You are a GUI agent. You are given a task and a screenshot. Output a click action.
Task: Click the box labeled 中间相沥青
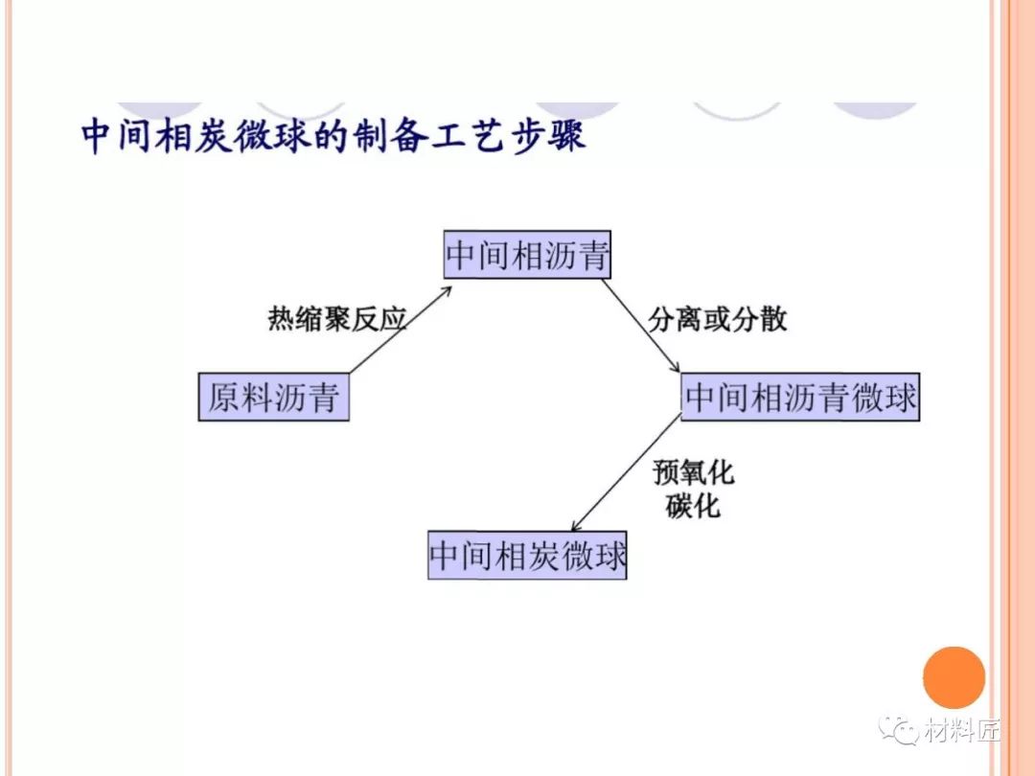point(528,256)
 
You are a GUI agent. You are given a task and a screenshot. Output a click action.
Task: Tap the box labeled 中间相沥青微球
point(800,398)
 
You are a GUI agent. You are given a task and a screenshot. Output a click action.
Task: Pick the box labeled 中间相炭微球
point(527,556)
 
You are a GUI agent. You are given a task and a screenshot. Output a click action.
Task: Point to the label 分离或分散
point(718,319)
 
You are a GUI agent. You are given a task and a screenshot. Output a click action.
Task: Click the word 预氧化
point(693,472)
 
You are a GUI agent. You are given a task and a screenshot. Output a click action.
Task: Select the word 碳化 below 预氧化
point(693,505)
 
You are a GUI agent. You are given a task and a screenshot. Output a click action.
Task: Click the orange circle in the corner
point(954,677)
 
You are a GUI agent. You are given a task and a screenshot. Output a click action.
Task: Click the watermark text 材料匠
point(962,733)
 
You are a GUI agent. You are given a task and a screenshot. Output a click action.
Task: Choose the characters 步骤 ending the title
point(553,137)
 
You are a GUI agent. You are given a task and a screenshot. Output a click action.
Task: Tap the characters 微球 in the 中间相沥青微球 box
point(884,398)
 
